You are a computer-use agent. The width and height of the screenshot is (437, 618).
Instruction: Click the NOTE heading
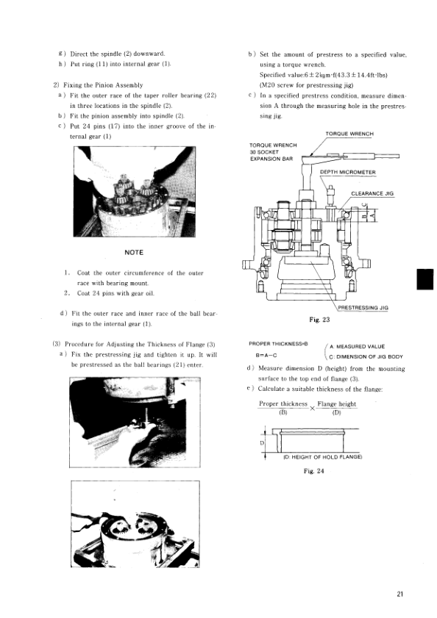[134, 252]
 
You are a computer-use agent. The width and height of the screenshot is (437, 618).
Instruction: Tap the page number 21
[400, 594]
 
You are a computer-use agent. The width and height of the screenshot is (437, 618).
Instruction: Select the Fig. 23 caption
[319, 320]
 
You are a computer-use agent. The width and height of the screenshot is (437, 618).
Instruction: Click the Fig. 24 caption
[314, 471]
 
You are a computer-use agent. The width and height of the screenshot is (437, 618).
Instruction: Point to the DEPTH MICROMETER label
[347, 172]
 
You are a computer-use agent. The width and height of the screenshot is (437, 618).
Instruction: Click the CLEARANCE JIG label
[372, 193]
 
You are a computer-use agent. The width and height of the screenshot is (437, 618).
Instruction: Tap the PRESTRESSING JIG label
[363, 308]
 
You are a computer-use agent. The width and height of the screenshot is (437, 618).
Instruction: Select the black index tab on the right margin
[424, 279]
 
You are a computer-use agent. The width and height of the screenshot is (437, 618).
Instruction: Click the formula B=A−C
[266, 355]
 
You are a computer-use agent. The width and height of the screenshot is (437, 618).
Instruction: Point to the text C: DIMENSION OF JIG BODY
[366, 356]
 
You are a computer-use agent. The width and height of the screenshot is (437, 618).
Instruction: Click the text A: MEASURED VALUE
[357, 346]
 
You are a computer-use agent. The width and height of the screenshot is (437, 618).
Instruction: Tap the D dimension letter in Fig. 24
[262, 443]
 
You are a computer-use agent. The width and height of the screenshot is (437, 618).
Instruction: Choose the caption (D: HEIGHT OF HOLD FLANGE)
[322, 457]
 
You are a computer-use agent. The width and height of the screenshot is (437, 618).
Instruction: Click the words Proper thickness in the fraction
[283, 403]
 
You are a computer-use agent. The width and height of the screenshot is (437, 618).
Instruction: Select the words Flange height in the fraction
[337, 403]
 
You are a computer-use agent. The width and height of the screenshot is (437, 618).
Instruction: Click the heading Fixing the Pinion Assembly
[103, 85]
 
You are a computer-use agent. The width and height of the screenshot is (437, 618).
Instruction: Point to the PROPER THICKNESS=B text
[278, 344]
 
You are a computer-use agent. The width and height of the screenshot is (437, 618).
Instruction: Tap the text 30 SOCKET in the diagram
[264, 152]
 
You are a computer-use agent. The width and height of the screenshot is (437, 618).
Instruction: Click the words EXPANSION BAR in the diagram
[271, 159]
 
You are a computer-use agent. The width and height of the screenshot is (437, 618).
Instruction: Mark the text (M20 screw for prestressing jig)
[306, 85]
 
